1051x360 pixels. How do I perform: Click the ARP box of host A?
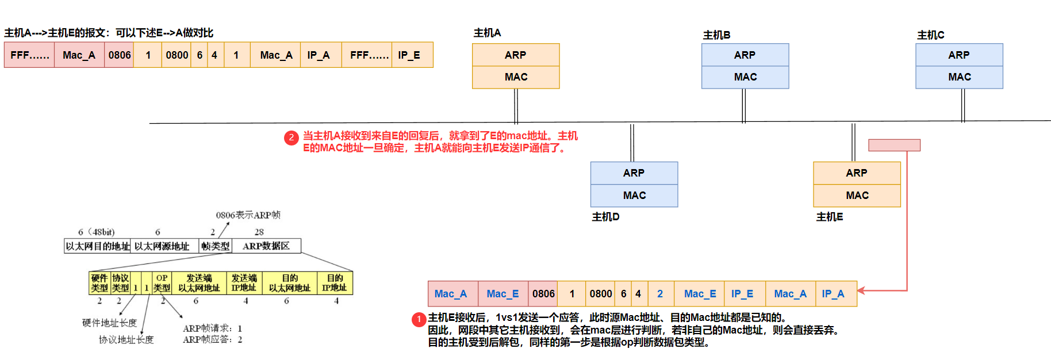tap(516, 55)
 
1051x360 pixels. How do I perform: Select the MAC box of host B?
tap(745, 77)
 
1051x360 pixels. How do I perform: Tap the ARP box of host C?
tap(959, 55)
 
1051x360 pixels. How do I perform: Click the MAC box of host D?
tap(634, 196)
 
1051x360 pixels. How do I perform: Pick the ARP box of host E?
tap(857, 173)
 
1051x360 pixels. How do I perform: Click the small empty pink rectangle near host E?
tap(894, 145)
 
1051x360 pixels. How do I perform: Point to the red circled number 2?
tap(291, 137)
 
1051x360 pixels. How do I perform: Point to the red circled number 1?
tap(419, 319)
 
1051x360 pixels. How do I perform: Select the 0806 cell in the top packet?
tap(119, 55)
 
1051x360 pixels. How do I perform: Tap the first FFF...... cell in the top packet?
tap(29, 55)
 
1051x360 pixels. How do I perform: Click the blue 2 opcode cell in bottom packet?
tap(660, 294)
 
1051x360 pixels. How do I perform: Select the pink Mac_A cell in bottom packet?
tap(451, 294)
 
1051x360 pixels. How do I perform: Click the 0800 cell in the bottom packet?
tap(600, 294)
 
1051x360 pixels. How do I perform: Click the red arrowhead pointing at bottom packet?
tap(862, 291)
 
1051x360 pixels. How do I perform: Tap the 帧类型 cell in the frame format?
tap(215, 246)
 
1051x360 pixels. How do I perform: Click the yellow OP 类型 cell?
tap(162, 283)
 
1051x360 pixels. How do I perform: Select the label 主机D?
tap(605, 217)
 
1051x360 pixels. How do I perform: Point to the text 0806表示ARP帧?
tap(248, 215)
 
